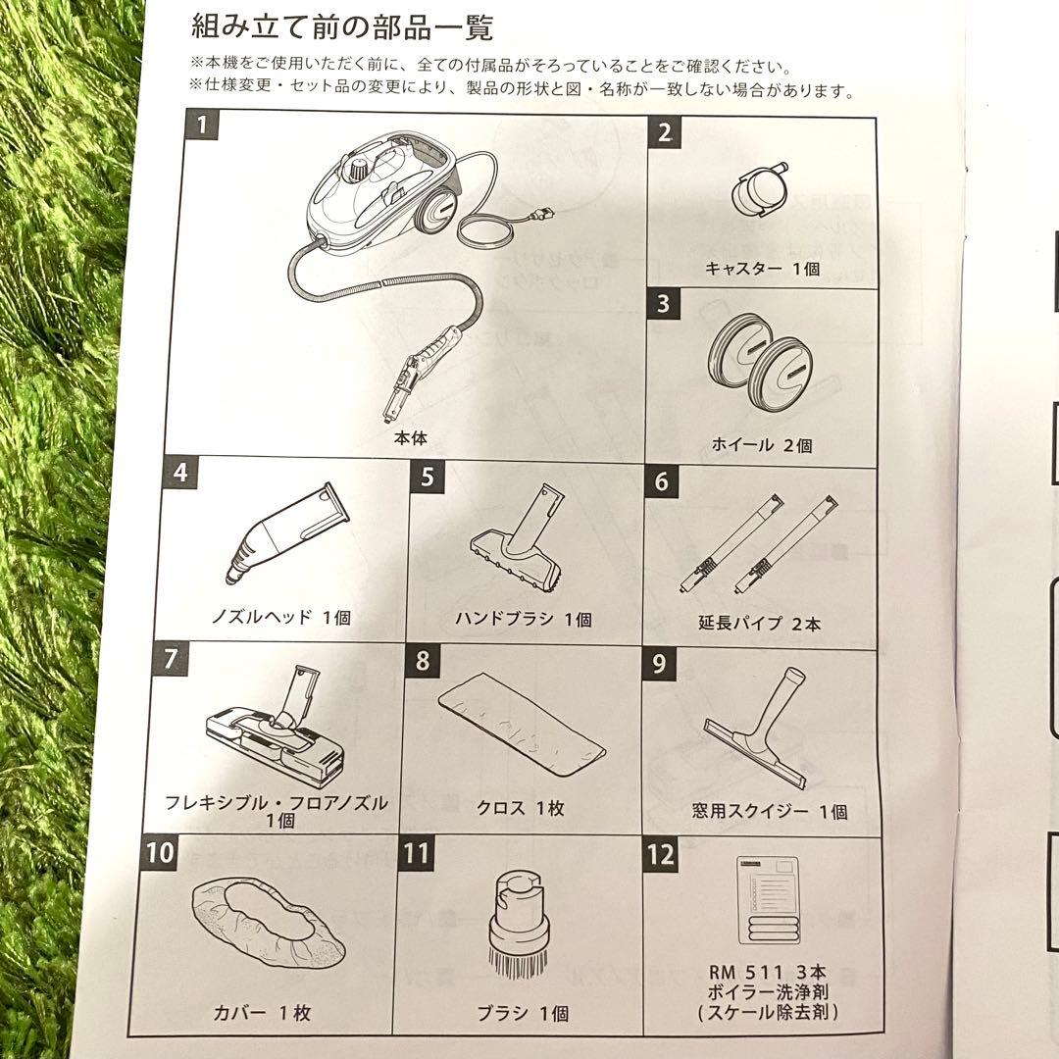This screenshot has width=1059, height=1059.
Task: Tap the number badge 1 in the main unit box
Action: (x=201, y=126)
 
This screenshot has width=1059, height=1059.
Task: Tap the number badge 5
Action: (x=428, y=478)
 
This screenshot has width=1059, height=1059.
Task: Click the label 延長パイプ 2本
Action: (x=760, y=624)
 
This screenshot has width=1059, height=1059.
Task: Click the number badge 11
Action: (x=416, y=853)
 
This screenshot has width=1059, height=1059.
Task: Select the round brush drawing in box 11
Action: (x=517, y=928)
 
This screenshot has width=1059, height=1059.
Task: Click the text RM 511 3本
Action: (x=761, y=972)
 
